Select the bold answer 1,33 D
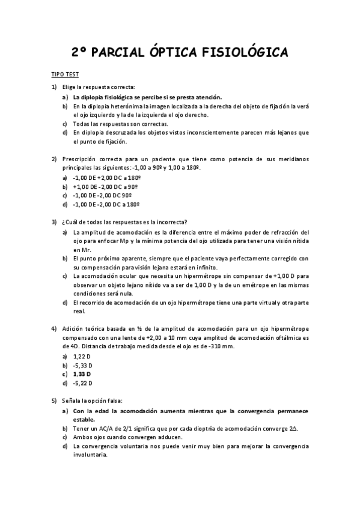point(82,374)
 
